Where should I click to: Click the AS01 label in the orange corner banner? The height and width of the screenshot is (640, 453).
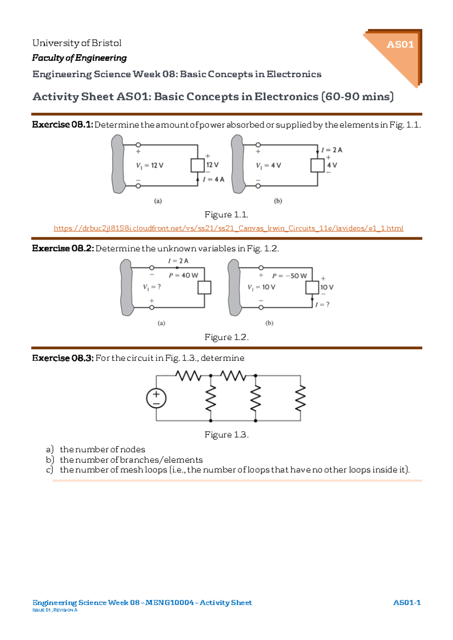click(x=400, y=44)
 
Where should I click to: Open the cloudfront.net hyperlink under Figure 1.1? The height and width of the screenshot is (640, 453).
click(x=228, y=228)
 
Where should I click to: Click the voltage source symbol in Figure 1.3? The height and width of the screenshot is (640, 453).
click(x=156, y=398)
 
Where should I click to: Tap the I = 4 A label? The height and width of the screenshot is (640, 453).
click(x=214, y=179)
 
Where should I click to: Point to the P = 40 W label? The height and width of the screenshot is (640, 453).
click(x=183, y=276)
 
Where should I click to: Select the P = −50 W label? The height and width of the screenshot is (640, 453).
click(x=290, y=276)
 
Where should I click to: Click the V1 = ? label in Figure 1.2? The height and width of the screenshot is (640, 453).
click(x=152, y=287)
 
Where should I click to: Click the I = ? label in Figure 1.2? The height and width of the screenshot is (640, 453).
click(x=322, y=305)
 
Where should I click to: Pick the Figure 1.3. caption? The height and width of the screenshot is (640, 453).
click(x=226, y=435)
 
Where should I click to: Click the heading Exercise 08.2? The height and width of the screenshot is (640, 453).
click(x=63, y=248)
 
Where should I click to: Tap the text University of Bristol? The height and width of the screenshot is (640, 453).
click(x=77, y=43)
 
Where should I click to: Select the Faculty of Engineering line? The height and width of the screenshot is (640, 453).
click(x=79, y=58)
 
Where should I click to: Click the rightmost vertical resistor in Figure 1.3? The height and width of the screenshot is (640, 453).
click(x=300, y=398)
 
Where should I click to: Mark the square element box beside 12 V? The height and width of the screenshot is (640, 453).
click(x=197, y=165)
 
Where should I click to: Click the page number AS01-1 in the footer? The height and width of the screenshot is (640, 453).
click(x=407, y=602)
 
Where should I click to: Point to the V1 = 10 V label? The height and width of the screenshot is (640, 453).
click(x=262, y=287)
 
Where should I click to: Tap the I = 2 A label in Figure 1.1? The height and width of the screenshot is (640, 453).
click(x=332, y=150)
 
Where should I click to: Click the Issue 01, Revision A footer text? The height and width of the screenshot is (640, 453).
click(x=55, y=610)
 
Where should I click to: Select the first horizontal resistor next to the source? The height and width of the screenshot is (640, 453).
click(x=188, y=375)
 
